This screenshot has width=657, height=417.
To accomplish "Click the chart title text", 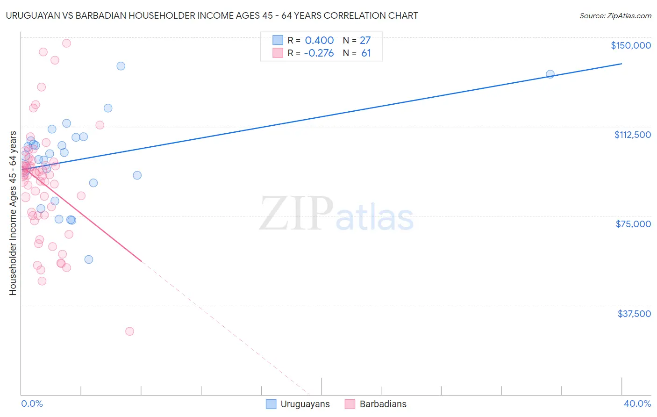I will (212, 15).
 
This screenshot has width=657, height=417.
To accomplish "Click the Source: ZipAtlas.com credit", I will (615, 15).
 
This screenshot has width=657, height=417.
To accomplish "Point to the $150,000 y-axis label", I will (630, 45).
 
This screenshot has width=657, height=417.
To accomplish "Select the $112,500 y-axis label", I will (632, 135).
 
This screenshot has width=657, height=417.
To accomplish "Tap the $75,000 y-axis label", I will (633, 224).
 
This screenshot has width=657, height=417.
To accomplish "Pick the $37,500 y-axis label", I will (634, 314).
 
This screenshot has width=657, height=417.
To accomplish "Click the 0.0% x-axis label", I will (32, 403).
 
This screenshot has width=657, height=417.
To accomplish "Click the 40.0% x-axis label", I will (637, 403).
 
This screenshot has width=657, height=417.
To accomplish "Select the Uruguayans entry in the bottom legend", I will (298, 404).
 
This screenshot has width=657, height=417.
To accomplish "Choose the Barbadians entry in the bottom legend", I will (376, 404).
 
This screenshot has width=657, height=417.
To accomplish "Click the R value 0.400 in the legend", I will (319, 41).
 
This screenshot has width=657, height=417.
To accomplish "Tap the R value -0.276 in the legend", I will (319, 53).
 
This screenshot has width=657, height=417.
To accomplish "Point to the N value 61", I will (366, 53).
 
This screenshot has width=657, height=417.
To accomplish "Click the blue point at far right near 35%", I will (550, 74).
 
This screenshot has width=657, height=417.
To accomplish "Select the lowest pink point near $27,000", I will (129, 331).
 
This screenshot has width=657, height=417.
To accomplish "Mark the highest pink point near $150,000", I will (66, 43).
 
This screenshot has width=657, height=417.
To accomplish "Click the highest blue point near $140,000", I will (121, 66).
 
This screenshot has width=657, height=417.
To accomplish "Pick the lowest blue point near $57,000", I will (89, 259).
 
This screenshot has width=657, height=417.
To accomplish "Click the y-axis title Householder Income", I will (13, 213).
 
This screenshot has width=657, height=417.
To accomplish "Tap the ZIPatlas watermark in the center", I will (336, 214).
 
